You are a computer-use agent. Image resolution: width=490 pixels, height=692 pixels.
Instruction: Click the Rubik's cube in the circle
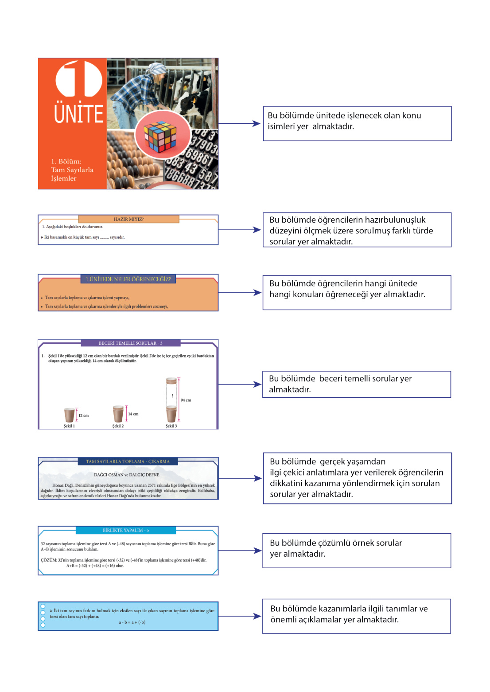pos(160,136)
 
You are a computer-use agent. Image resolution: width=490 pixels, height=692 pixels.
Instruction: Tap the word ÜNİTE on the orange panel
pos(79,114)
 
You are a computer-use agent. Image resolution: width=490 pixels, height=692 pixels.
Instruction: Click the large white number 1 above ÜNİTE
pos(78,79)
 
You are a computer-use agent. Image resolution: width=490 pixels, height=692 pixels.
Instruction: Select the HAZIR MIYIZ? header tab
pos(128,219)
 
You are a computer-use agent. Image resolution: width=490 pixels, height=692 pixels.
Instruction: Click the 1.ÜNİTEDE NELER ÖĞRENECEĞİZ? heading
pos(128,279)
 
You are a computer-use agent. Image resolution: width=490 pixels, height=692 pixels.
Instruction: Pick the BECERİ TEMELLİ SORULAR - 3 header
pos(130,343)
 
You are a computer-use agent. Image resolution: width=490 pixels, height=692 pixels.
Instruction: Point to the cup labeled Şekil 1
pos(69,415)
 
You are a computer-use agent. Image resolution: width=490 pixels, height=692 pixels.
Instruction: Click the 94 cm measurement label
pos(186,400)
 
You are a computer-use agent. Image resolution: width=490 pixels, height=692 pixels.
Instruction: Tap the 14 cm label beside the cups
pos(133,414)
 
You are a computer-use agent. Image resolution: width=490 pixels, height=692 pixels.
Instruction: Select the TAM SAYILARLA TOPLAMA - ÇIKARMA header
pos(128,461)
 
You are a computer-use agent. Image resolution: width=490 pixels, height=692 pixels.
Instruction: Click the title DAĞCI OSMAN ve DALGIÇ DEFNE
pos(126,475)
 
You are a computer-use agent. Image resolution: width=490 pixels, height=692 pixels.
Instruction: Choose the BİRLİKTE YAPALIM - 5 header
pos(126,530)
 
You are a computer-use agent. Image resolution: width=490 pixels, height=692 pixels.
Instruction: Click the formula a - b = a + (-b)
pos(132,622)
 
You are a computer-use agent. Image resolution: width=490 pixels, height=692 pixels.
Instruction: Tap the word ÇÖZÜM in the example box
pos(48,560)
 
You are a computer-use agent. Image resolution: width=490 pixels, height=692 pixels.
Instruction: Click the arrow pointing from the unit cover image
pos(240,124)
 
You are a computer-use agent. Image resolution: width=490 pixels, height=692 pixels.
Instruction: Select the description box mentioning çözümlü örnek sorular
pos(356,550)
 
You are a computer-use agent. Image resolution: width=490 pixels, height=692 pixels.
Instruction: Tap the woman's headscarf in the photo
pos(157,69)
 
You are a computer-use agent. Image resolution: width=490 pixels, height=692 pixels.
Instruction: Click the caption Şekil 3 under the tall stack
pos(171,426)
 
